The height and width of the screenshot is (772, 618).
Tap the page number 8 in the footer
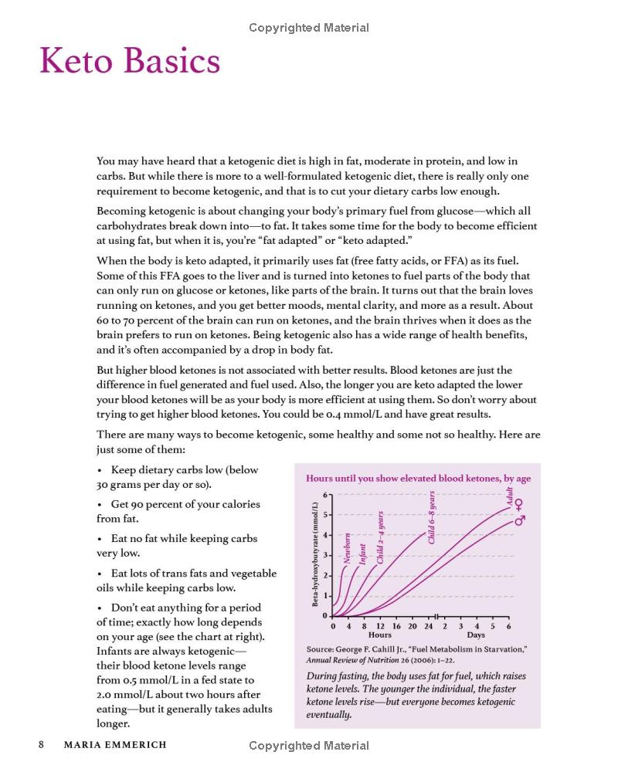[41, 745]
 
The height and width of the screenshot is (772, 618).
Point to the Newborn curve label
[348, 549]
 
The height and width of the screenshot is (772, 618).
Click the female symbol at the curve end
[519, 506]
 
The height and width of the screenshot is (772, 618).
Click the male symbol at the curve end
[519, 520]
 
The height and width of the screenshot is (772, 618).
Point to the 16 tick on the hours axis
[396, 626]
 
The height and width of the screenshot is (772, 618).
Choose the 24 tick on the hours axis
[428, 626]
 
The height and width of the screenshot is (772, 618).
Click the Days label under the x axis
[476, 635]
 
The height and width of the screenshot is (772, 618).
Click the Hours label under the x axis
[380, 635]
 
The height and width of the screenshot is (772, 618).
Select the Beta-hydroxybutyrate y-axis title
[316, 554]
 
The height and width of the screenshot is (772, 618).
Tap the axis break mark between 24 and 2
[438, 616]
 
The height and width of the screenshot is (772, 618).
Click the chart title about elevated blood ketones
[419, 479]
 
